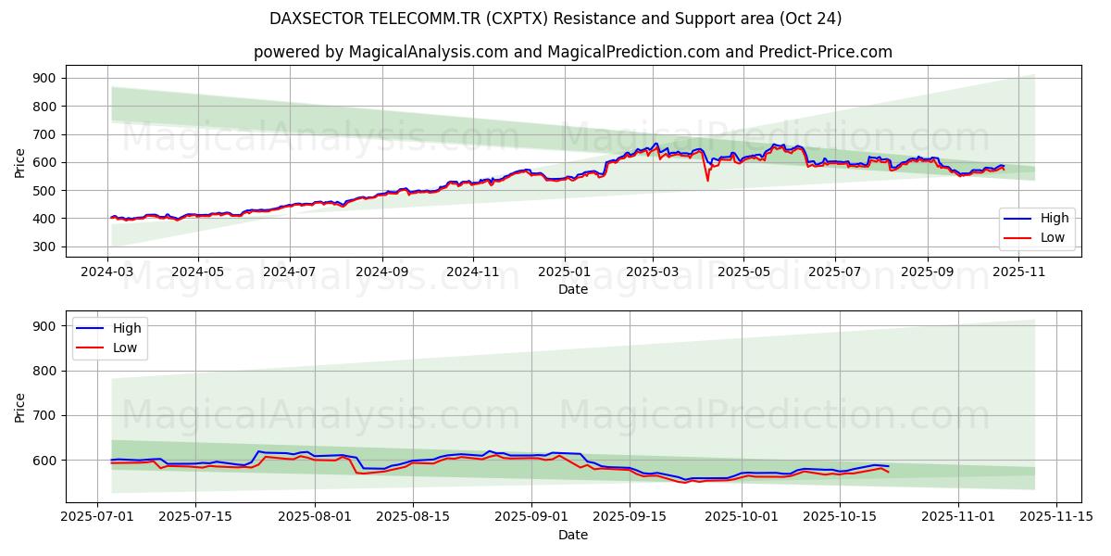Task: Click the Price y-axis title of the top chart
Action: pyautogui.click(x=20, y=162)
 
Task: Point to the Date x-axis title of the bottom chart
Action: pyautogui.click(x=573, y=535)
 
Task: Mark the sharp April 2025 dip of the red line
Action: pyautogui.click(x=707, y=180)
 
